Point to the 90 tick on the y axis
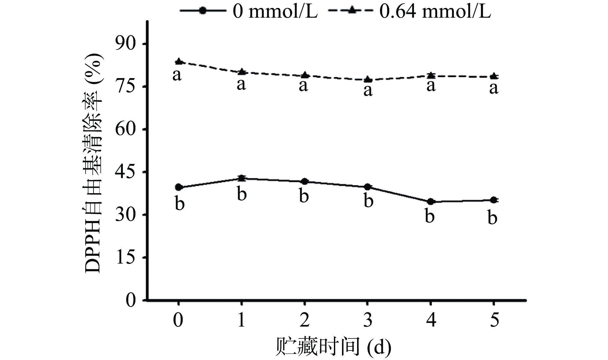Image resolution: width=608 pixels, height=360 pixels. click(126, 44)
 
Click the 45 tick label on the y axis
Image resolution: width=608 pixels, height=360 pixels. click(126, 172)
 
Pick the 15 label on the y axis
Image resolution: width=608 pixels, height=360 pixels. click(126, 257)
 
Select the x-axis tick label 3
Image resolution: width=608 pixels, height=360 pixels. click(367, 320)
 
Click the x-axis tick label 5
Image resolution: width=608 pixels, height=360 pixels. click(494, 320)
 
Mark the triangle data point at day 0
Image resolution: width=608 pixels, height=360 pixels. click(179, 61)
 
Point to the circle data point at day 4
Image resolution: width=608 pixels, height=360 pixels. click(431, 202)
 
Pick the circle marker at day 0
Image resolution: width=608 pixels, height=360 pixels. click(179, 187)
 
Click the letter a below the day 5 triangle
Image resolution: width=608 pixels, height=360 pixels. click(493, 88)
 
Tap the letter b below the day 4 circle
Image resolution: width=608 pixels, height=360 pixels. click(430, 216)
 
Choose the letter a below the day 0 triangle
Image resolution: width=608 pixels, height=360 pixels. click(177, 75)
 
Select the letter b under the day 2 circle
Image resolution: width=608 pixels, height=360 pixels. click(304, 196)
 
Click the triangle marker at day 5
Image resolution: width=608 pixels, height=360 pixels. click(494, 76)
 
